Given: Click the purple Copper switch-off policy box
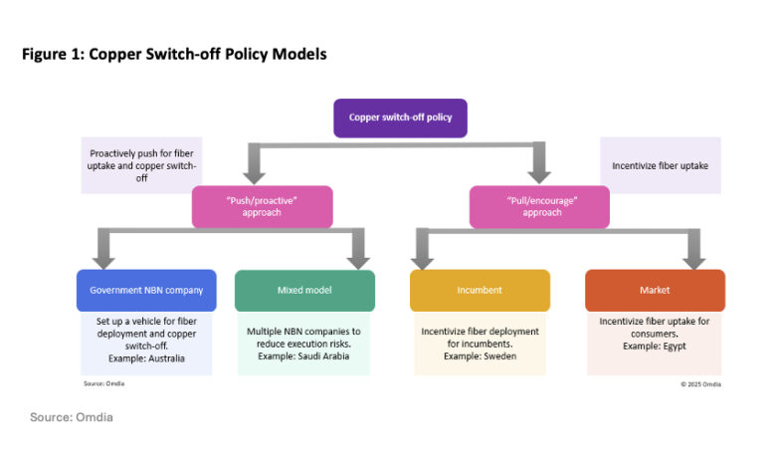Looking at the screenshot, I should [x=400, y=117].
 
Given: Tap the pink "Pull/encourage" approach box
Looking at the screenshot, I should [x=538, y=206].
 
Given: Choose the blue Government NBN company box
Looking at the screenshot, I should [x=146, y=290].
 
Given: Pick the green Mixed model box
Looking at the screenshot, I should [x=304, y=290].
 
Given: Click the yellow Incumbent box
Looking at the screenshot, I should [x=480, y=290].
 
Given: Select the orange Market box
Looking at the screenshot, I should [x=655, y=290].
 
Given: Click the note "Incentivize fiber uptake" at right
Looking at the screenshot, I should [x=660, y=164].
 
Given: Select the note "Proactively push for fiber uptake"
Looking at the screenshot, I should [x=143, y=164].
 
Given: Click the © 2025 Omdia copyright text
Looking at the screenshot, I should [x=700, y=383].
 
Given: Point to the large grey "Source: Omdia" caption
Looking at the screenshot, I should [x=71, y=417].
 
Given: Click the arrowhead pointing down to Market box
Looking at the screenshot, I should [x=693, y=259].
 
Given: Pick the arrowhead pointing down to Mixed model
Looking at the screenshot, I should [x=357, y=259].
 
